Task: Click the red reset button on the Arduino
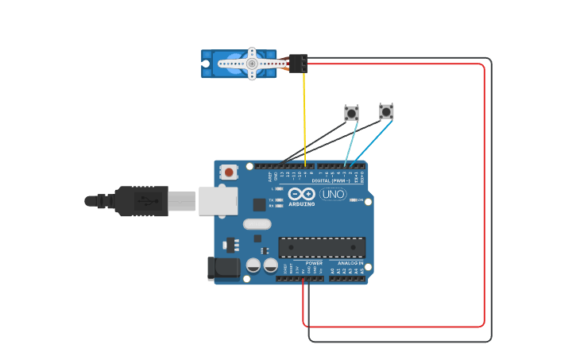[229, 172]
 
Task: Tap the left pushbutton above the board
[351, 113]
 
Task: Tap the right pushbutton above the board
[386, 111]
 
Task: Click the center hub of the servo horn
[251, 63]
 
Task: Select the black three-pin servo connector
[298, 63]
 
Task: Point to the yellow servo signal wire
[304, 119]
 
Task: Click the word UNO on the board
[333, 194]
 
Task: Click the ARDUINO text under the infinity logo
[302, 204]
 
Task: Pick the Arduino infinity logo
[302, 195]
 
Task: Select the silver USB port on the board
[217, 201]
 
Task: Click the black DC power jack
[222, 268]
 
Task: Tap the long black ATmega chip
[322, 247]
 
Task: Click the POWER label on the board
[314, 263]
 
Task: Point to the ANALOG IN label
[350, 263]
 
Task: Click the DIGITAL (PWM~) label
[331, 180]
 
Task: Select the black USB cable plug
[141, 201]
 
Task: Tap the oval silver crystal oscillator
[257, 224]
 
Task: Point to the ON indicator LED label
[359, 199]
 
